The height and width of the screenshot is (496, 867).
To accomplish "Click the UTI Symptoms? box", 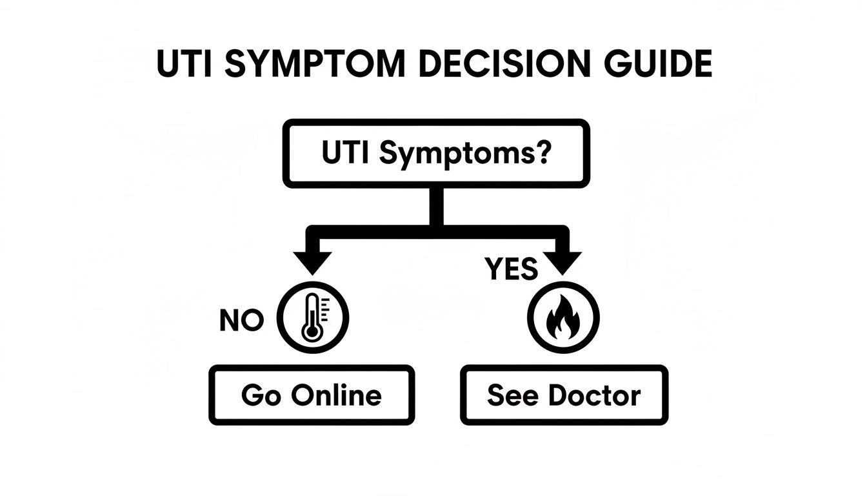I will point(437,154).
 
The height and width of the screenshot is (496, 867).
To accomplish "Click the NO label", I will point(241,320).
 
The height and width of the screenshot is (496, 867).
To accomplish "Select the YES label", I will point(510,269).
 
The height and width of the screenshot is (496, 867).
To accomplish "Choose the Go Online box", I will point(312,395).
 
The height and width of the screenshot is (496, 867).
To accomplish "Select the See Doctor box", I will point(564,395).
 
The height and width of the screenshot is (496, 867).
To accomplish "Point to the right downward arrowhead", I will point(562,262).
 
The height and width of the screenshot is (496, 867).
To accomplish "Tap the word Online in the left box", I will point(336,395).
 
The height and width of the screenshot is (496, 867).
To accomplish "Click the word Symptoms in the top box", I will point(458,155).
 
